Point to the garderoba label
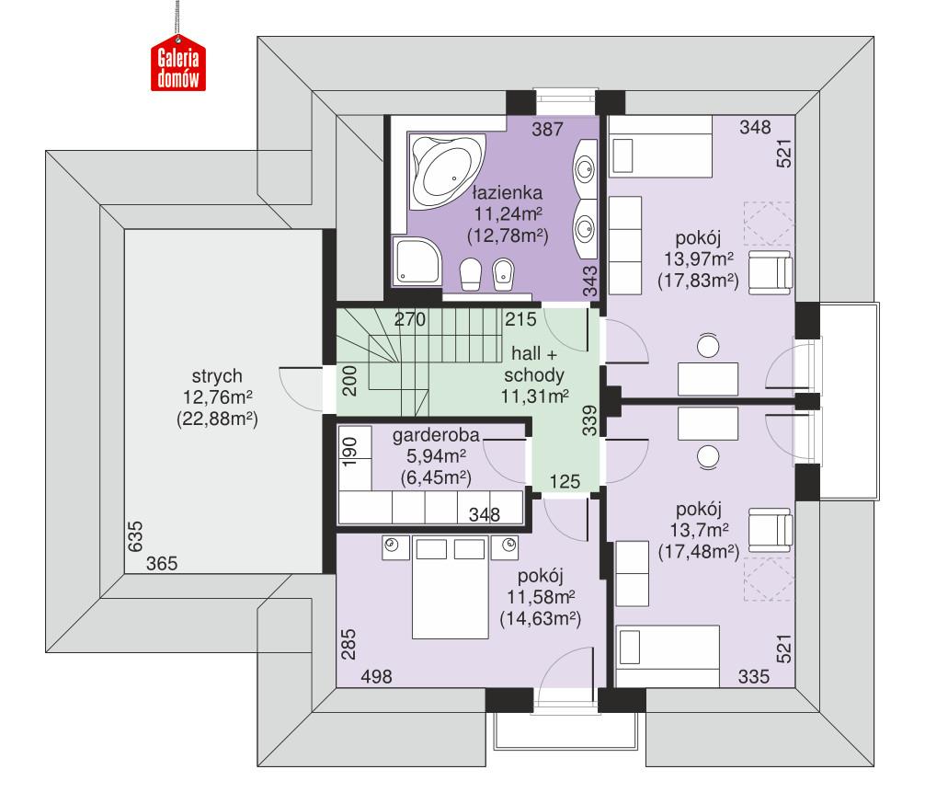436,436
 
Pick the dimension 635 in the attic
134,537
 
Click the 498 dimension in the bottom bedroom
377,676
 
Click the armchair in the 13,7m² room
770,529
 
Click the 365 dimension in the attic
161,563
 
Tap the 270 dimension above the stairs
410,321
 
